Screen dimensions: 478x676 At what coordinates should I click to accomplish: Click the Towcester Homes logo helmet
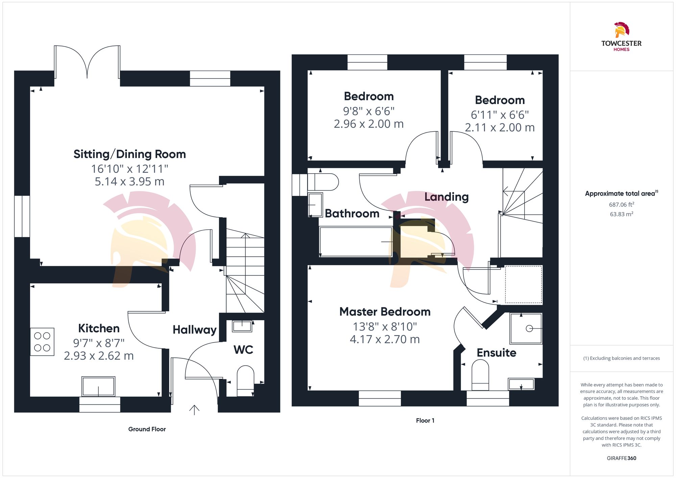pos(621,30)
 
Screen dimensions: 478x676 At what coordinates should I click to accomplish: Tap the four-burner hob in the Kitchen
pos(42,342)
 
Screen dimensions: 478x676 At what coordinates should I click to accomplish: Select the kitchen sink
pos(98,386)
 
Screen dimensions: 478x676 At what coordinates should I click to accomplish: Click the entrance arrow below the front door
pos(194,410)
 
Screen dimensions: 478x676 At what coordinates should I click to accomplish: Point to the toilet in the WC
pos(245,380)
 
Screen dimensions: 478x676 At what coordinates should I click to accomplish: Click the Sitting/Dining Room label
pos(130,154)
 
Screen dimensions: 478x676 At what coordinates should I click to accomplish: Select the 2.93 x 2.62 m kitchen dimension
pos(99,356)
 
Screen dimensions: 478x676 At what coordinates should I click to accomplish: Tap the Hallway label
pos(194,330)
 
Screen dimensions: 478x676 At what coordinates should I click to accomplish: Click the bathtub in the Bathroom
pos(356,242)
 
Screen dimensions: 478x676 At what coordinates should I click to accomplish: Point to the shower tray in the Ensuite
pos(526,328)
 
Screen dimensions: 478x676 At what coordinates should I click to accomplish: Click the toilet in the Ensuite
pos(480,375)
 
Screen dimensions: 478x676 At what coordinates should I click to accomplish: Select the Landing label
pos(446,197)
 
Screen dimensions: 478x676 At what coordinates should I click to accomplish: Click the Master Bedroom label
pos(385,311)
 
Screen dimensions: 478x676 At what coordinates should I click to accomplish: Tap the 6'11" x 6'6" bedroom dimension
pos(500,115)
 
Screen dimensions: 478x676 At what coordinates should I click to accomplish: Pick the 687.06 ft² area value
pos(621,205)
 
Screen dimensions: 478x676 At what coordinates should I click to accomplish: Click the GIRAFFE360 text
pos(621,458)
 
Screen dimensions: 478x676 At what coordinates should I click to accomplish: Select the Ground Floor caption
pos(147,429)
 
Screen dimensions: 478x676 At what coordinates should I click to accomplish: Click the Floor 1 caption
pos(425,421)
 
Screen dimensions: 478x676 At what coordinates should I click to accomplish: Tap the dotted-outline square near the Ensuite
pos(523,284)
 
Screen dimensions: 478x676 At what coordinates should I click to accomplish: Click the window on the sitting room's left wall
pos(22,216)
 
